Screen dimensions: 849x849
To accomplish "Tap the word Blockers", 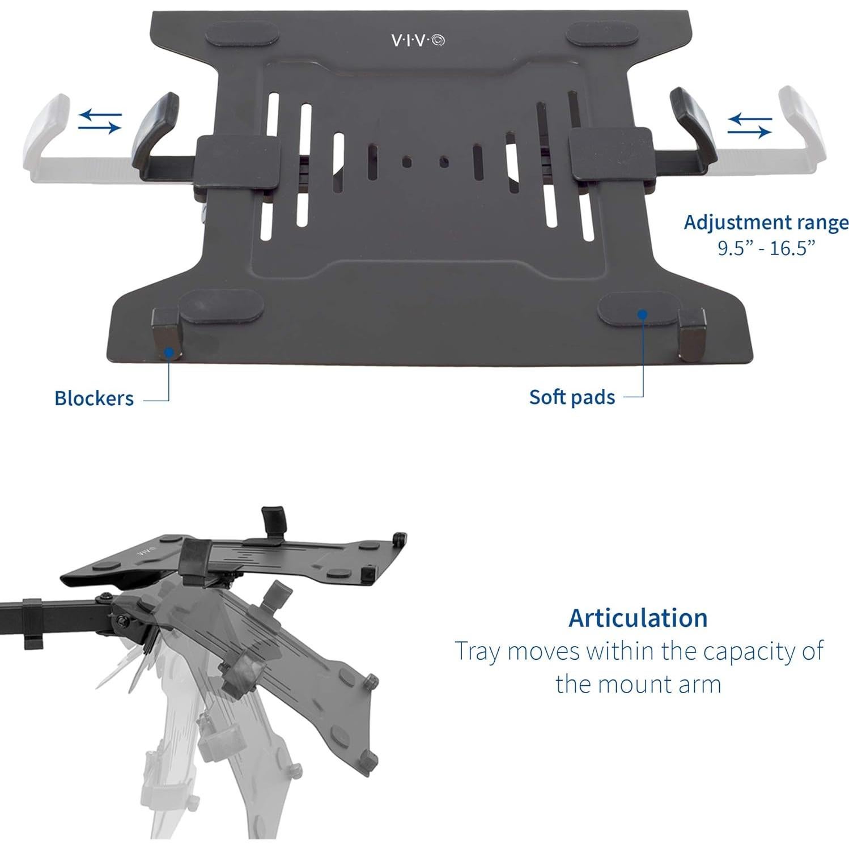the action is [94, 398].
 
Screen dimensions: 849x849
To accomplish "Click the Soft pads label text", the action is [572, 397].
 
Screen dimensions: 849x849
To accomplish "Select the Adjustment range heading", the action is [766, 223].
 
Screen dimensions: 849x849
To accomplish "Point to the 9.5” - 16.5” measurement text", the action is [766, 248].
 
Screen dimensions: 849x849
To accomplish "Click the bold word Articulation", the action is [638, 617].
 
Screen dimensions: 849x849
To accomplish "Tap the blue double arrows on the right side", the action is [749, 125].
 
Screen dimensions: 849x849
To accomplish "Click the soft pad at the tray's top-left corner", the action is [242, 36].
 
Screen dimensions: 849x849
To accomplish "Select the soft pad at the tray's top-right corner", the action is [604, 35].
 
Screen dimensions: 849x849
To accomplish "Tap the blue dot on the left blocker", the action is [168, 353].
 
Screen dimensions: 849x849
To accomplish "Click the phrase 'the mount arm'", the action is [638, 684].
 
